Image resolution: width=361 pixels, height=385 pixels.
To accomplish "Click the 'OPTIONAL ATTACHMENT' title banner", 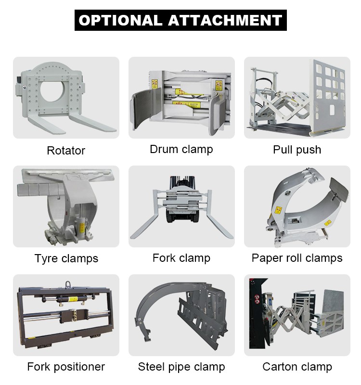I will pos(180,20).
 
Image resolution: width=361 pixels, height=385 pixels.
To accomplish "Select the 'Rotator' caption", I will pos(66,151).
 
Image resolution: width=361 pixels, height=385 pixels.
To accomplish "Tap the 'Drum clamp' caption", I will pos(181,149).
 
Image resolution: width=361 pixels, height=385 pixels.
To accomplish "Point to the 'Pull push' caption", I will pos(297,150).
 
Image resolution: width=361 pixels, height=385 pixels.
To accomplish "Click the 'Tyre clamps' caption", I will pos(66,258).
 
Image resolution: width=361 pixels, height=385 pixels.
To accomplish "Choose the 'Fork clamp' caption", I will pos(181,258).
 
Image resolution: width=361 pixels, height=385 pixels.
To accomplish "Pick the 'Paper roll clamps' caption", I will pos(297,258).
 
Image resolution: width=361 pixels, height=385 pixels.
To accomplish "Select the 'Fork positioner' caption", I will pos(66,367).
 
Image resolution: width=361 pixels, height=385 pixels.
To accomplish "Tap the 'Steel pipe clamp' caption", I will pos(181,367).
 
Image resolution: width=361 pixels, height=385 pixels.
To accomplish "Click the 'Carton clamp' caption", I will pos(297,367).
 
